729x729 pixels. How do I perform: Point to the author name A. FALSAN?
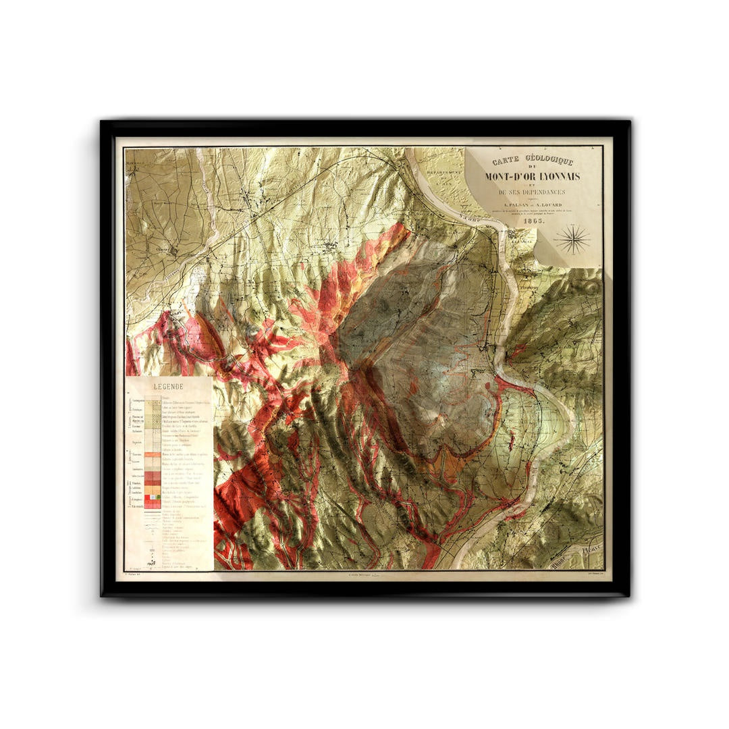pos(512,207)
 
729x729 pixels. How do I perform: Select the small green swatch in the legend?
pos(157,497)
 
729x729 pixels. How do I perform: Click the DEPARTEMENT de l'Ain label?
pos(441,177)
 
